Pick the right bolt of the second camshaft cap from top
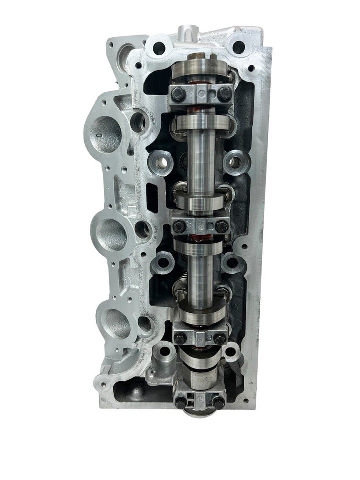pyautogui.click(x=221, y=226)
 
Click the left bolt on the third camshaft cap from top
pyautogui.click(x=180, y=338)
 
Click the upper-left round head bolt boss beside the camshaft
pyautogui.click(x=161, y=161)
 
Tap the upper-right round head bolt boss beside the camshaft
pyautogui.click(x=233, y=161)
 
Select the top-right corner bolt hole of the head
pyautogui.click(x=239, y=47)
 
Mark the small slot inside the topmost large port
pyautogui.click(x=99, y=134)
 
